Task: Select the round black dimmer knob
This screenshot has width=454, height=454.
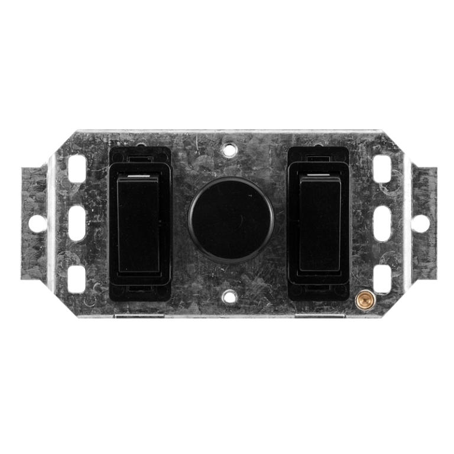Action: pyautogui.click(x=231, y=218)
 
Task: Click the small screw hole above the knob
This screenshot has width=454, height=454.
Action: pyautogui.click(x=230, y=150)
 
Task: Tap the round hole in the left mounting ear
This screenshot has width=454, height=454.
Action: pyautogui.click(x=37, y=223)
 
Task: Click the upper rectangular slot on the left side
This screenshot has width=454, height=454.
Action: pyautogui.click(x=77, y=165)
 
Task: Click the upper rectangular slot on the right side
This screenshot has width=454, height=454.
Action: pyautogui.click(x=382, y=165)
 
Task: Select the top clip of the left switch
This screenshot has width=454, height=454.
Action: pyautogui.click(x=140, y=158)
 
